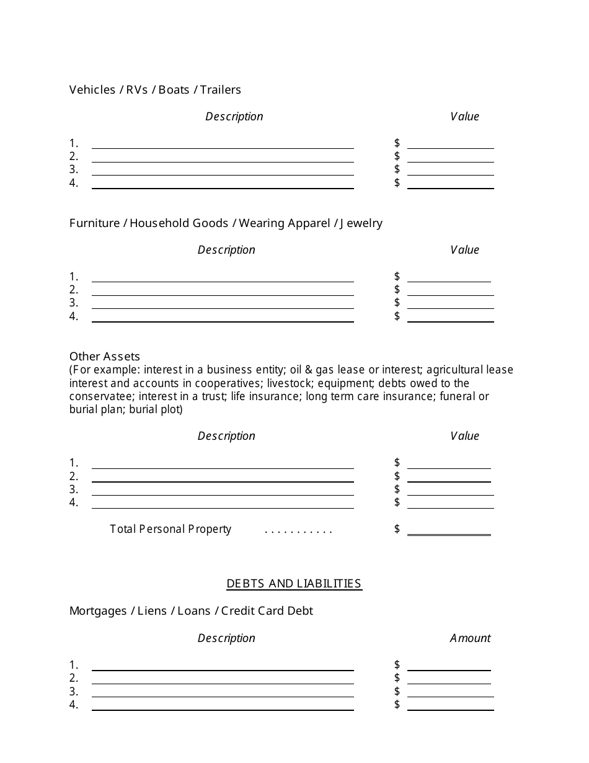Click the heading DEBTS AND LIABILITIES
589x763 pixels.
[294, 584]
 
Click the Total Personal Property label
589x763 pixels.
[170, 529]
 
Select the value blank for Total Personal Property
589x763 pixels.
[449, 529]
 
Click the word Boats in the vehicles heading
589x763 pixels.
[174, 90]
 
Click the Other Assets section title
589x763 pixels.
[105, 357]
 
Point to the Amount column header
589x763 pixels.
[470, 638]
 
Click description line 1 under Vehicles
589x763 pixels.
[223, 144]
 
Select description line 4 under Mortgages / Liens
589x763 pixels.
[223, 705]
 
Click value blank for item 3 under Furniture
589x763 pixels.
[450, 303]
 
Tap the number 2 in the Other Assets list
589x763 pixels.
[74, 476]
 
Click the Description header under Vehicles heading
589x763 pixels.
[234, 117]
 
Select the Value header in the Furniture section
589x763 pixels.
[464, 250]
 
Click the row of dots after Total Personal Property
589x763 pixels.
[298, 531]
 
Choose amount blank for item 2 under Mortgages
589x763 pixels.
[449, 679]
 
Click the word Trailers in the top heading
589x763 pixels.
[220, 90]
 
